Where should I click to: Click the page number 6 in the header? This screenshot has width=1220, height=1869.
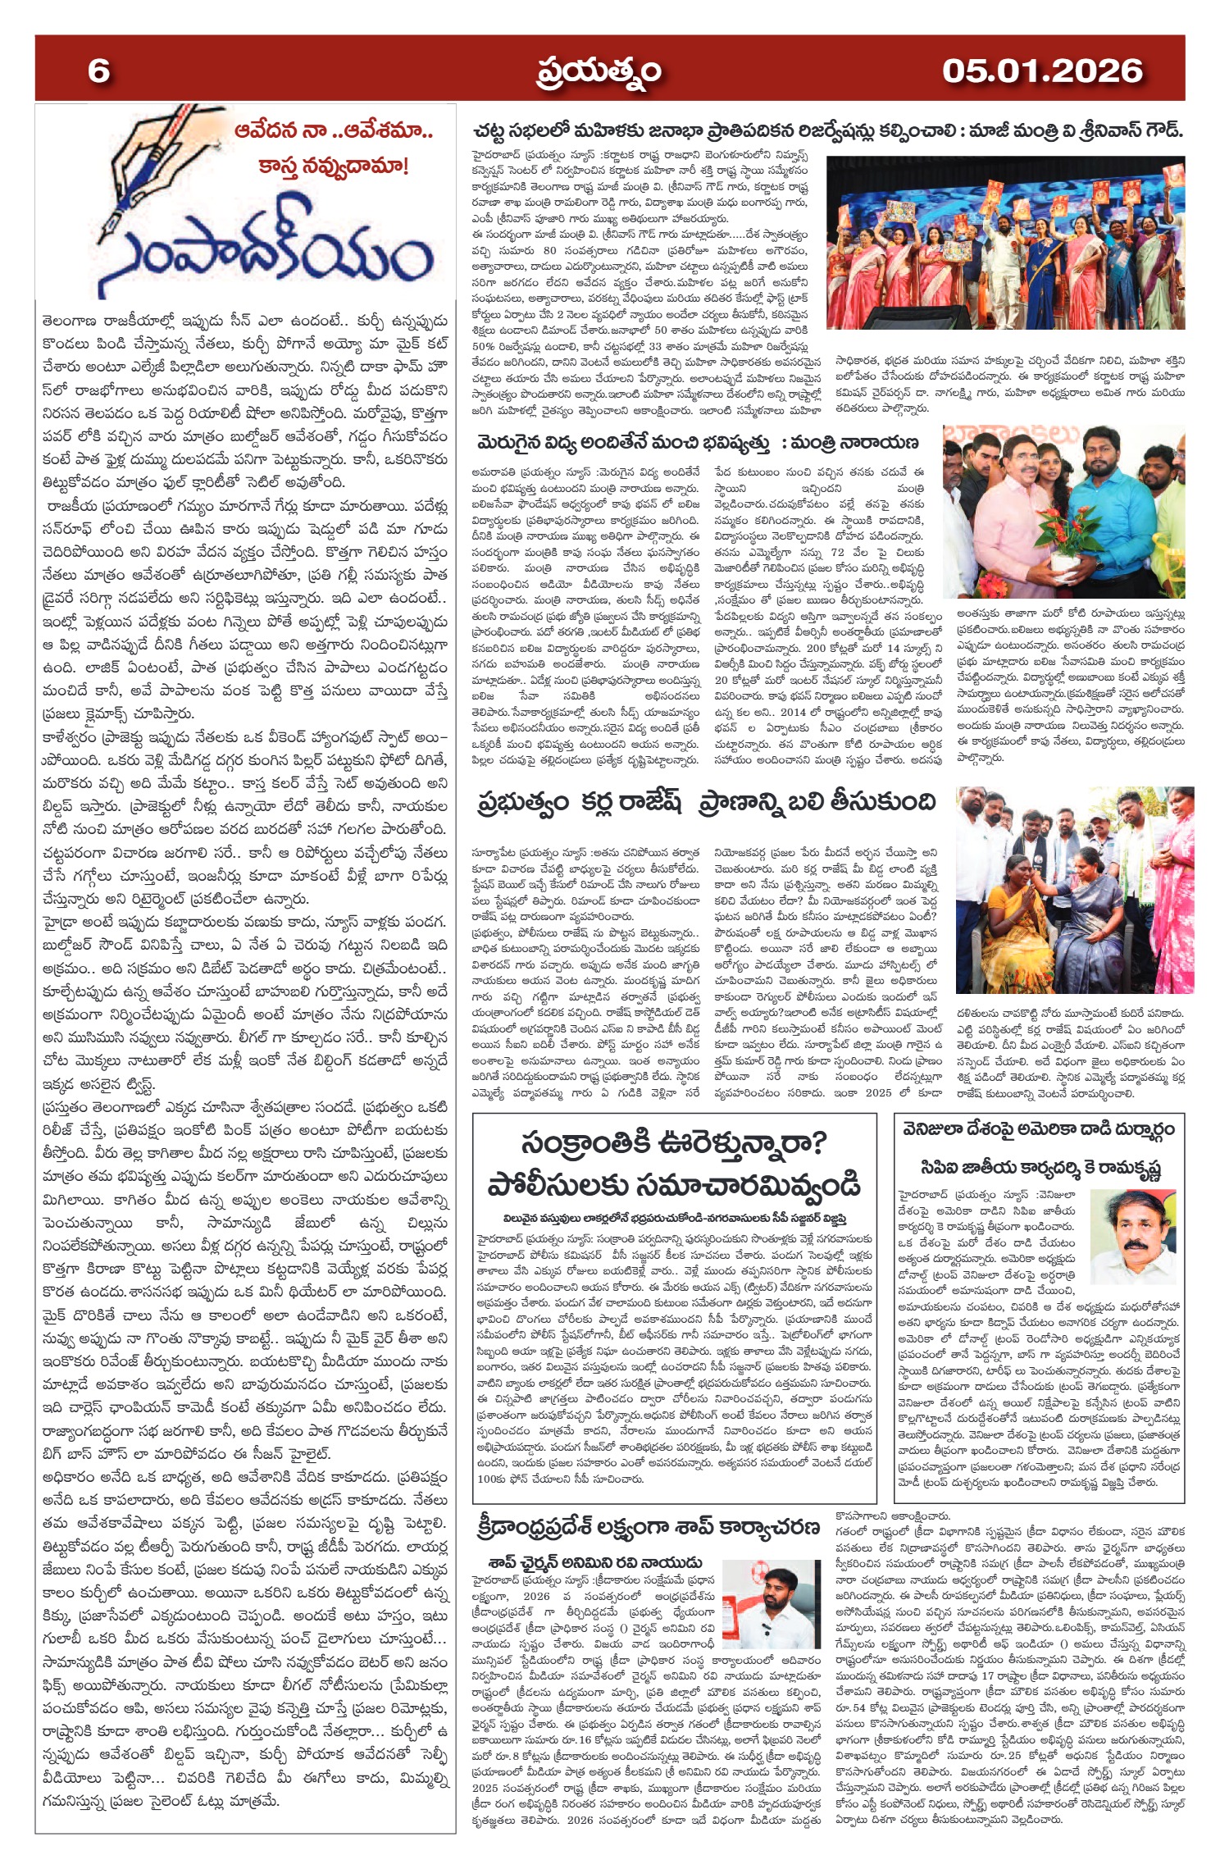click(98, 71)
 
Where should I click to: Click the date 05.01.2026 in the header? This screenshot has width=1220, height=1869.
click(1041, 71)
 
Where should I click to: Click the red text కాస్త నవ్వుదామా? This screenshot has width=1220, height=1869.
click(332, 167)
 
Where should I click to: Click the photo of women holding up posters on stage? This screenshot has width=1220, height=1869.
click(1006, 246)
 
